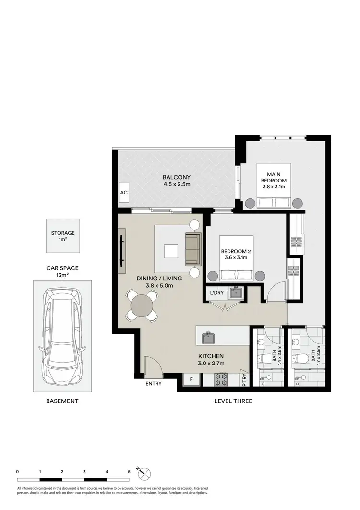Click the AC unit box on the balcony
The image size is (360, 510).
123,193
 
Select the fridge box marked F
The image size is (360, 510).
192,380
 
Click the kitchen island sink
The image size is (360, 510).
209,338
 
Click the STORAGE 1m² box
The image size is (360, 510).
63,236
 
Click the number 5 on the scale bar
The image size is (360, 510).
129,472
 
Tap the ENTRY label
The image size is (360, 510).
154,384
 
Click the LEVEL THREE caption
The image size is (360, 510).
233,401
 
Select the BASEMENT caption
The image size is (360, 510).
62,401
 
